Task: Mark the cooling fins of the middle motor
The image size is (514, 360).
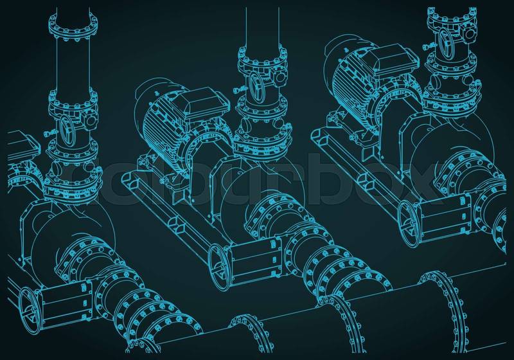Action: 158,131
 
